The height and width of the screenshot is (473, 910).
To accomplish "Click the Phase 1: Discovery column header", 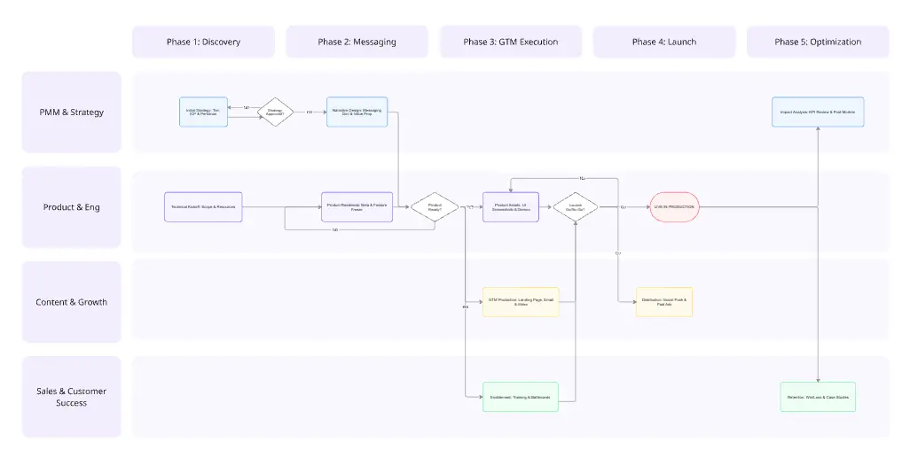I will click(x=203, y=42).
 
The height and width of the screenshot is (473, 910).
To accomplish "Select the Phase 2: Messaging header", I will click(x=357, y=42).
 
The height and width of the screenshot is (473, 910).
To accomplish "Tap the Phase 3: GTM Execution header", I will click(x=511, y=42).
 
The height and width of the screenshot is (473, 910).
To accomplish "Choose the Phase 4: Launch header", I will click(x=664, y=42).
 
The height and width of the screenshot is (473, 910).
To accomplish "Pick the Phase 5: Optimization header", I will click(x=818, y=42).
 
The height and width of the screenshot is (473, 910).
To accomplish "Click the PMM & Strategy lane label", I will click(x=71, y=112).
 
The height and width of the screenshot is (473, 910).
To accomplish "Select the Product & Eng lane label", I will click(x=71, y=207).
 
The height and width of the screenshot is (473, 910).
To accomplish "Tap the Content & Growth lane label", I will click(x=71, y=302).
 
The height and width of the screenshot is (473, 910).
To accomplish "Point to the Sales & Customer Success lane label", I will click(x=71, y=397).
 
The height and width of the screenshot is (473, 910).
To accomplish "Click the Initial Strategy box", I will click(x=202, y=112).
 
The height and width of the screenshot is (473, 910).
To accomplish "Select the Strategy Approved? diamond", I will click(x=276, y=112).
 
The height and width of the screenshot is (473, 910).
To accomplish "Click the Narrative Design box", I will click(x=357, y=112).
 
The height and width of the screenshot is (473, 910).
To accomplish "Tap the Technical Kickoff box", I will click(x=203, y=207).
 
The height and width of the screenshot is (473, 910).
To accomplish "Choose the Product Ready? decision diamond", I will click(x=435, y=207).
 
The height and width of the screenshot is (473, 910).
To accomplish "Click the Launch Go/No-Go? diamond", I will click(x=576, y=207).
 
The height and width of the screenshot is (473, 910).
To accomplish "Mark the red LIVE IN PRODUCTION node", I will click(x=674, y=207).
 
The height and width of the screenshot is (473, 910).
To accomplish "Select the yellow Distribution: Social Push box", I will click(x=664, y=302).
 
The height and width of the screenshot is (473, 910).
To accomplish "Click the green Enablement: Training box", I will click(x=520, y=397).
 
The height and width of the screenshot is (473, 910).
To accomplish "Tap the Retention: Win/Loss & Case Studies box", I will click(x=818, y=397).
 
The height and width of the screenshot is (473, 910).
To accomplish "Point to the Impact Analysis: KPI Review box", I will click(x=818, y=112).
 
